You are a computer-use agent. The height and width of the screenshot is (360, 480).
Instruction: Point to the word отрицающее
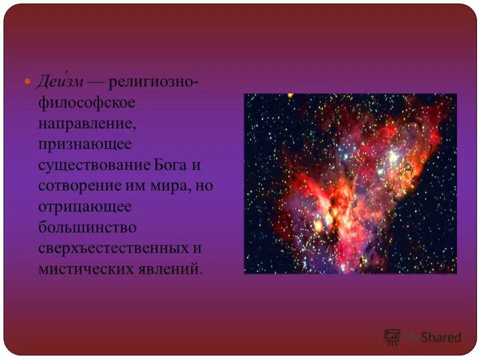(84, 207)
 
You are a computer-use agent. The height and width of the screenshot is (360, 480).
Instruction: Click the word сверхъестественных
(113, 248)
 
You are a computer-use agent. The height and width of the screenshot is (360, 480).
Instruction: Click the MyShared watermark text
(432, 337)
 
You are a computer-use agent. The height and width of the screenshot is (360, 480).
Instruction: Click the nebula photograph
(350, 183)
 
